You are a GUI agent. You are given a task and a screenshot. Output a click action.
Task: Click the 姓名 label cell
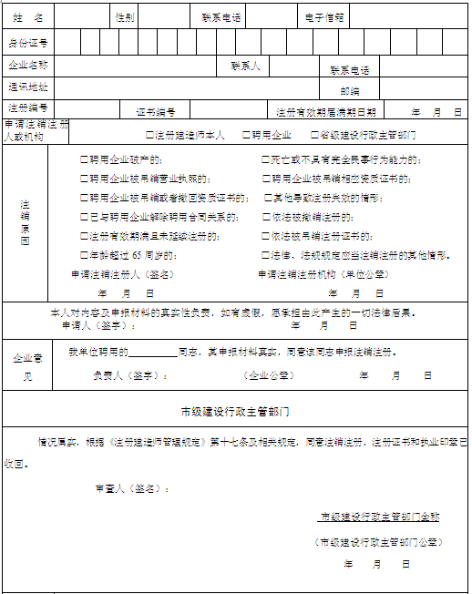(x=27, y=17)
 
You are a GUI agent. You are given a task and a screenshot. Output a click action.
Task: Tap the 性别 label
(x=124, y=17)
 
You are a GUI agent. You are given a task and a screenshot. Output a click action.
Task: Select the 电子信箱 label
(x=324, y=17)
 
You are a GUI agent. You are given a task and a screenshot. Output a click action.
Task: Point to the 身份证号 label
(x=28, y=42)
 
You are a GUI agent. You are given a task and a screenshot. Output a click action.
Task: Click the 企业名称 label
(x=28, y=66)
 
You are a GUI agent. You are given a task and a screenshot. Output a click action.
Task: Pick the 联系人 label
(x=245, y=67)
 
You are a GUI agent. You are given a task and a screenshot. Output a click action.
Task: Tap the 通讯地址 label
(x=28, y=87)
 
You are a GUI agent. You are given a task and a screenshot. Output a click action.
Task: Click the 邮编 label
(x=350, y=90)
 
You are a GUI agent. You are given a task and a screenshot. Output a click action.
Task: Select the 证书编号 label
(x=155, y=112)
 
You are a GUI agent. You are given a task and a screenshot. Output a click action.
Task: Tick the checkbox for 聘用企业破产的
(x=84, y=159)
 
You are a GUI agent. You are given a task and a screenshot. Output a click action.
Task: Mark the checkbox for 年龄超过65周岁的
(x=84, y=255)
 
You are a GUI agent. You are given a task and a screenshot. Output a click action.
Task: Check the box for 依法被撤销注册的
(x=265, y=217)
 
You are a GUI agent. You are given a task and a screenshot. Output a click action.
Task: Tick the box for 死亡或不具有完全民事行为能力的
(x=265, y=159)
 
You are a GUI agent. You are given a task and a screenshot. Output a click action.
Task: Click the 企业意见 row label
(x=28, y=366)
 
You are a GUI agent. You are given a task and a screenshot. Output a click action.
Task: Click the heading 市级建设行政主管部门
(x=235, y=411)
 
